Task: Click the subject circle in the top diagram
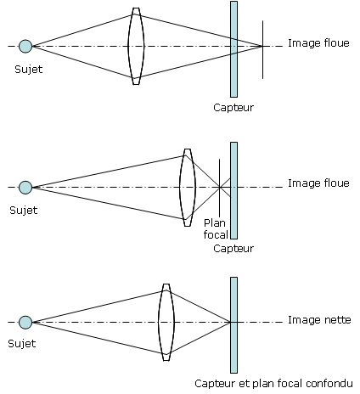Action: pyautogui.click(x=25, y=46)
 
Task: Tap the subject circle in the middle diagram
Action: pyautogui.click(x=25, y=188)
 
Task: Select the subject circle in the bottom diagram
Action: pyautogui.click(x=25, y=323)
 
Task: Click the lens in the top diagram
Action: pyautogui.click(x=136, y=46)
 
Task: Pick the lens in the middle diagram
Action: pyautogui.click(x=188, y=188)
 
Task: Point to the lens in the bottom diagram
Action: pyautogui.click(x=166, y=323)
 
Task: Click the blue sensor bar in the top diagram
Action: pyautogui.click(x=233, y=49)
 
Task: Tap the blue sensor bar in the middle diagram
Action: pyautogui.click(x=233, y=190)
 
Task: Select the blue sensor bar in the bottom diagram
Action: pyautogui.click(x=233, y=325)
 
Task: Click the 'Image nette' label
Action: pyautogui.click(x=319, y=320)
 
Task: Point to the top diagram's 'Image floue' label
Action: pyautogui.click(x=318, y=43)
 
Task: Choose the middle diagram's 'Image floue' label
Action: pyautogui.click(x=318, y=183)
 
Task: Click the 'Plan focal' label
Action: pyautogui.click(x=216, y=228)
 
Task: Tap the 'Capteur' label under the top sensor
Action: pyautogui.click(x=233, y=108)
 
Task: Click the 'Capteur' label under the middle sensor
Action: pyautogui.click(x=233, y=249)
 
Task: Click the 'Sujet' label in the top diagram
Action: pyautogui.click(x=29, y=70)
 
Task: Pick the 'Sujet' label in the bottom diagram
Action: pyautogui.click(x=22, y=344)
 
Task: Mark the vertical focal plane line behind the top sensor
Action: pyautogui.click(x=262, y=49)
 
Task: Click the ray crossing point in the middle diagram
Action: pyautogui.click(x=219, y=187)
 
